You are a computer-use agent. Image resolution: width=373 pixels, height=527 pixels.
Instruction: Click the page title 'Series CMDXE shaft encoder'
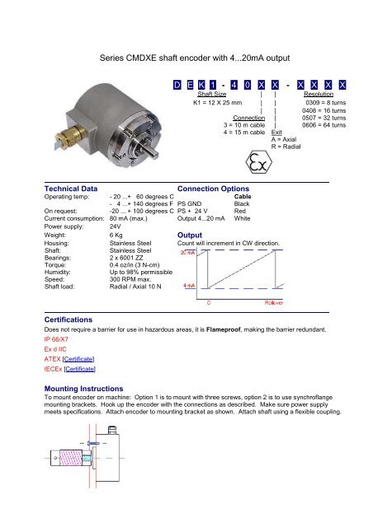186,58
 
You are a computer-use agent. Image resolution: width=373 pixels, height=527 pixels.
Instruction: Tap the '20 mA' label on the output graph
187,252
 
